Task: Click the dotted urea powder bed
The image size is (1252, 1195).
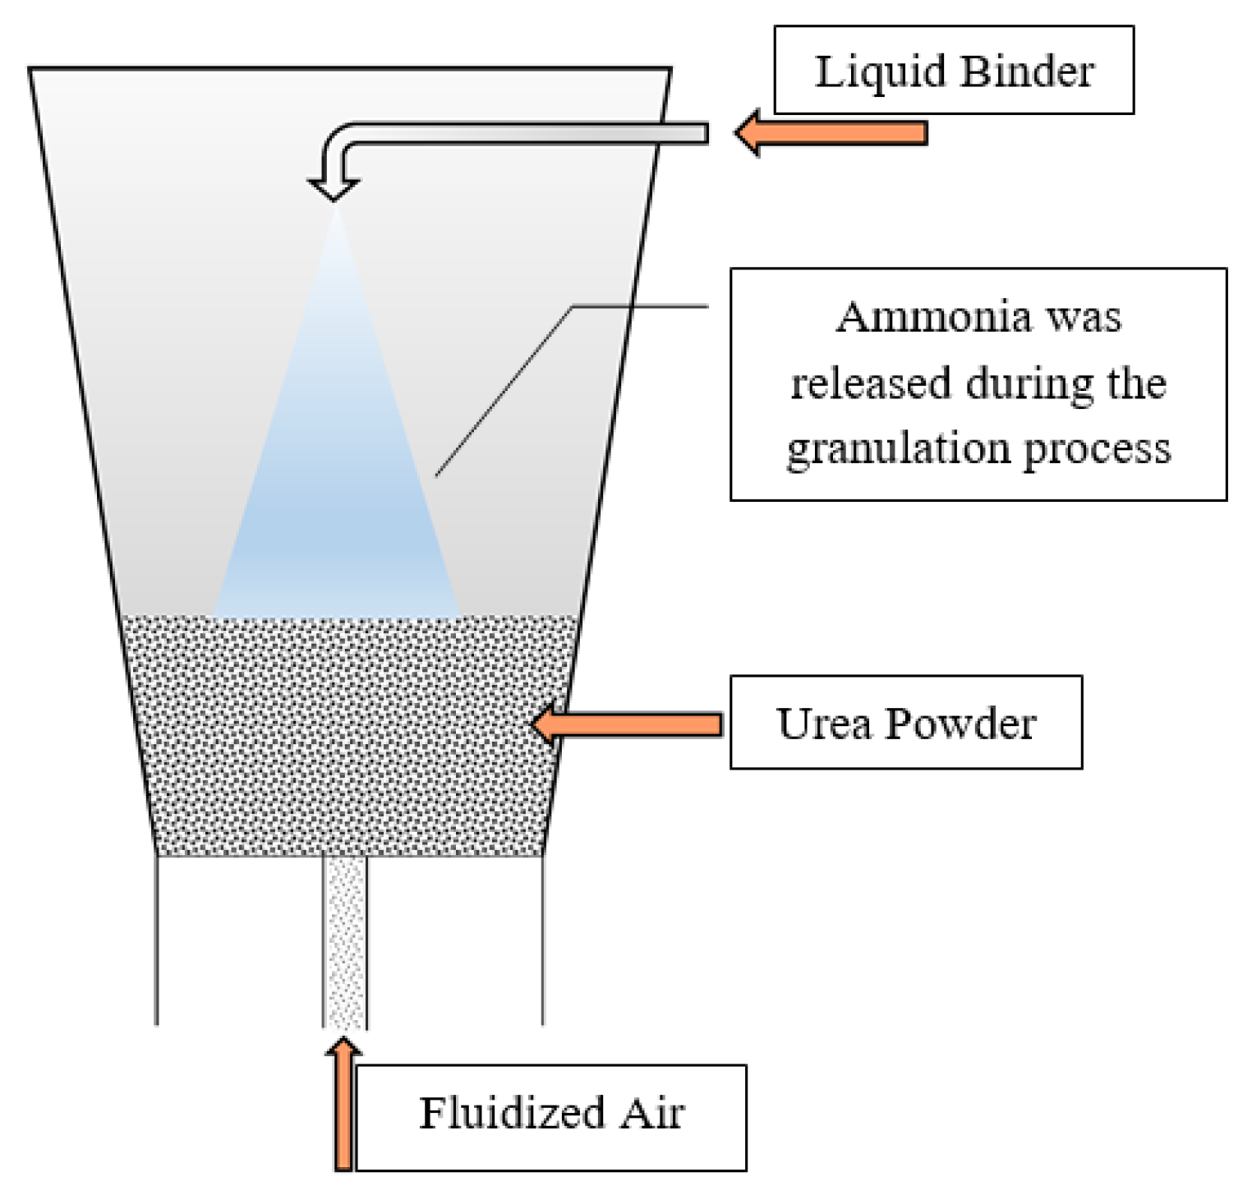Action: (x=345, y=739)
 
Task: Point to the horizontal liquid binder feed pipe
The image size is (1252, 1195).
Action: (x=526, y=133)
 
